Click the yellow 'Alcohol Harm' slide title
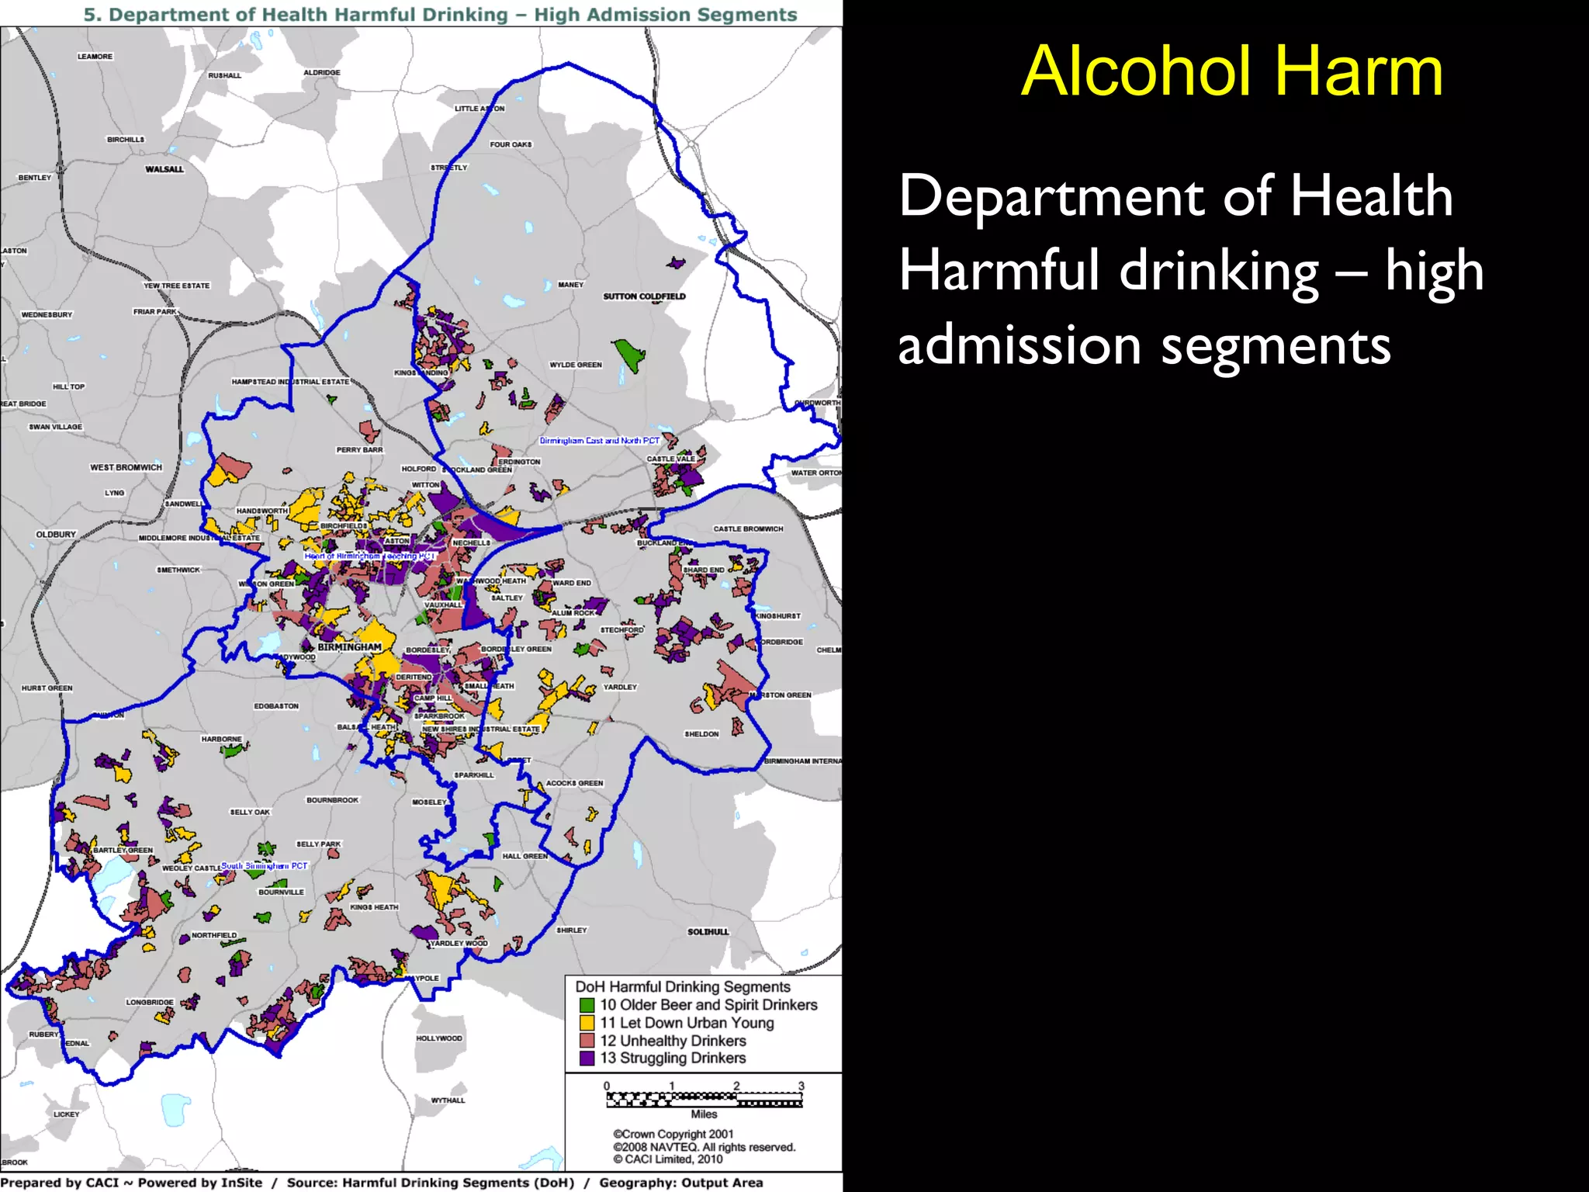pos(1231,71)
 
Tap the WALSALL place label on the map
pos(164,169)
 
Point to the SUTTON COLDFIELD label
pos(644,296)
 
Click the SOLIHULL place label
pos(708,931)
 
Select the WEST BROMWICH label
pos(126,467)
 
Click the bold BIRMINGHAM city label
pos(349,647)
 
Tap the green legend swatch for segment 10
pos(587,1005)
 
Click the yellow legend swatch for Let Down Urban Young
pos(587,1023)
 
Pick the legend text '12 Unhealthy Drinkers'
pos(673,1041)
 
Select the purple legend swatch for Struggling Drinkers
pos(587,1058)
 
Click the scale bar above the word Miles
pos(704,1099)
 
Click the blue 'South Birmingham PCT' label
pos(264,865)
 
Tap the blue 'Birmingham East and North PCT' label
pos(599,441)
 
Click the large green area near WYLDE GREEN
pos(629,355)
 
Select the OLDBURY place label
pos(56,535)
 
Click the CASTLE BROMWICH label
pos(748,529)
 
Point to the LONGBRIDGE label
pos(150,1002)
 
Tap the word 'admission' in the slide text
pos(1019,346)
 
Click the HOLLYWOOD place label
pos(438,1038)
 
